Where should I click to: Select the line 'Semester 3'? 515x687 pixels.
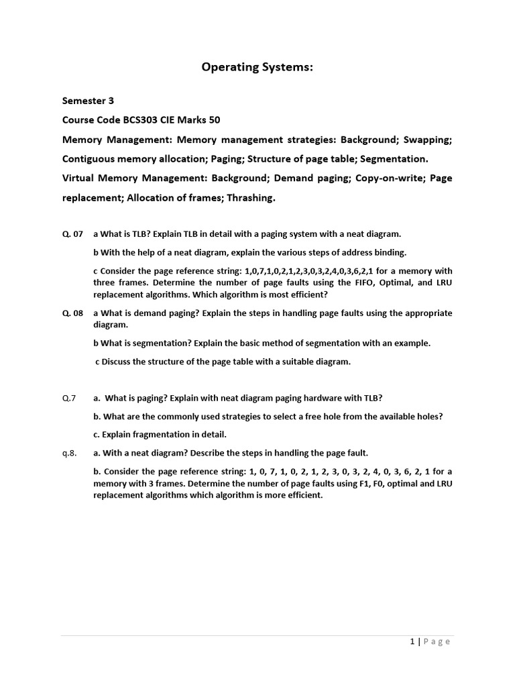(88, 101)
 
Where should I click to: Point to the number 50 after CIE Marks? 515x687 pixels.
(214, 120)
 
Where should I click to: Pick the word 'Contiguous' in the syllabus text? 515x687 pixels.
(90, 159)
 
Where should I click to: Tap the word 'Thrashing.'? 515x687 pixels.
(251, 198)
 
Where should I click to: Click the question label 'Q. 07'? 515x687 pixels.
(72, 234)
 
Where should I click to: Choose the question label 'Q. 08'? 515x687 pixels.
(72, 313)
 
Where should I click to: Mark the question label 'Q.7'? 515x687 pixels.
(69, 398)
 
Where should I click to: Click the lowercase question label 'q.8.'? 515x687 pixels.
(70, 452)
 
